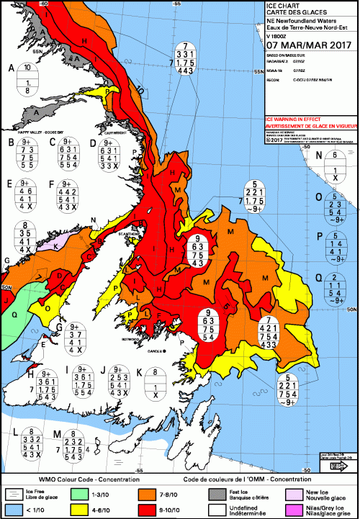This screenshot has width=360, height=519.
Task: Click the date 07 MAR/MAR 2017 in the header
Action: (307, 50)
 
